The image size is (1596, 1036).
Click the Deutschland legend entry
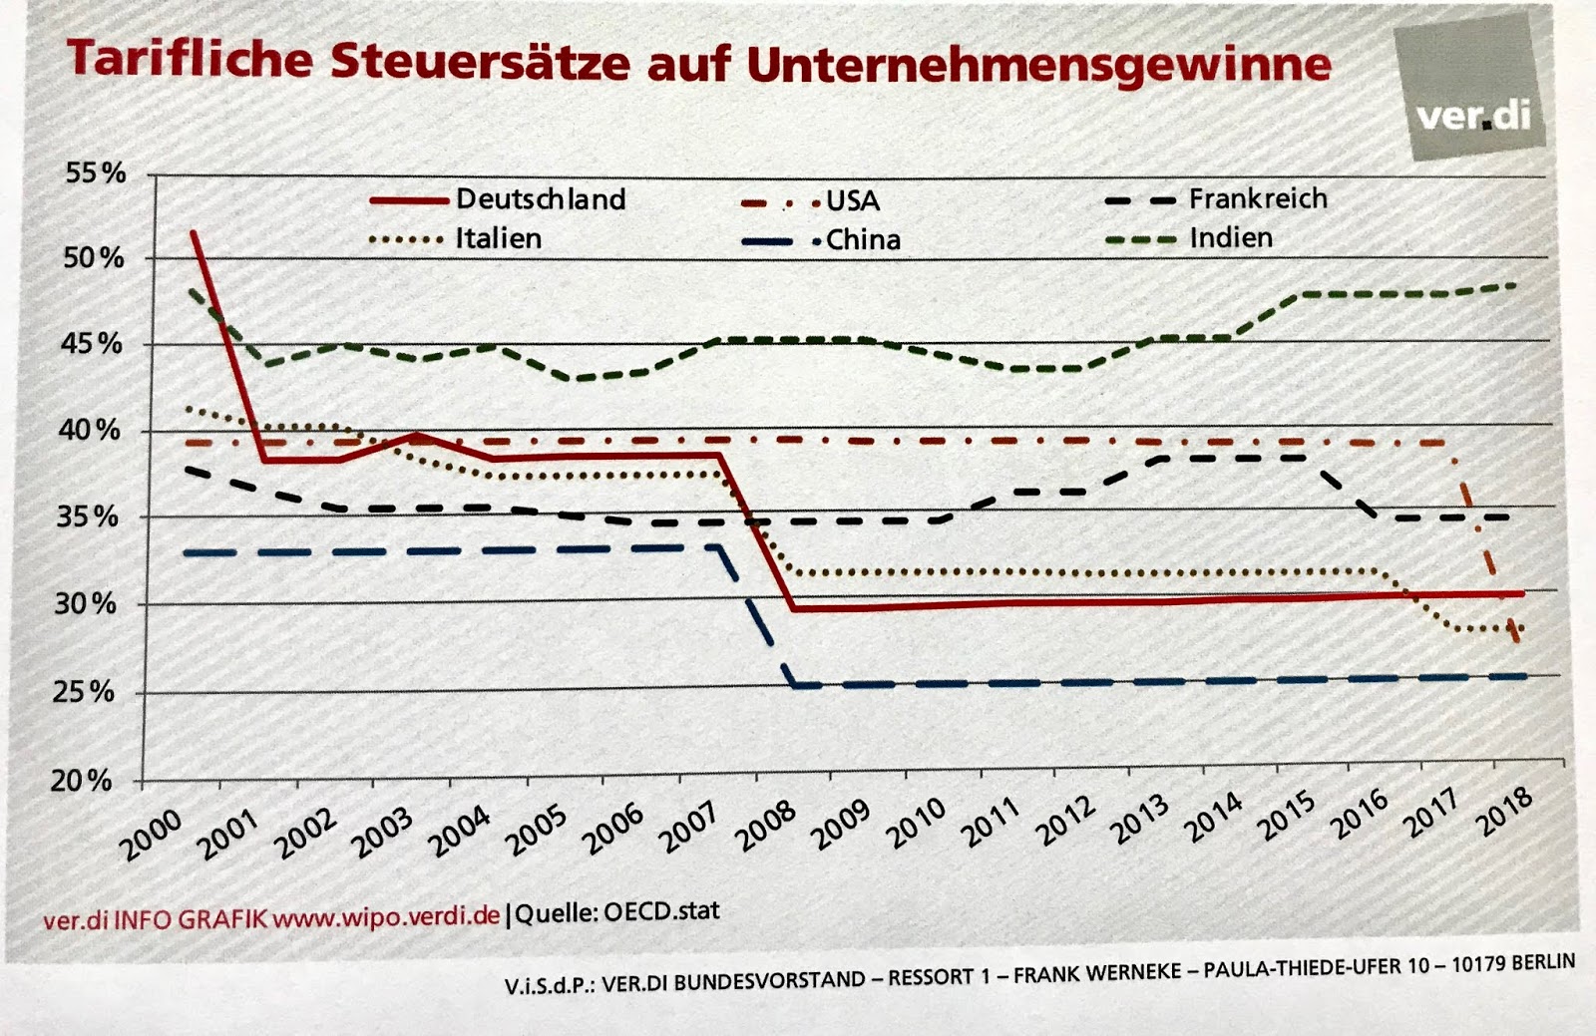540,199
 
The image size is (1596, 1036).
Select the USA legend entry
852,201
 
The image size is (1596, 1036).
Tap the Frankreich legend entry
1257,198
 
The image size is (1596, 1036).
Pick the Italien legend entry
498,239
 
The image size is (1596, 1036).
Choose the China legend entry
863,240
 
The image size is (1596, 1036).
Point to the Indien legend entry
1230,238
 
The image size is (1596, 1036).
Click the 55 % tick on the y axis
96,173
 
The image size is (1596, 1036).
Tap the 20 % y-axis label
82,781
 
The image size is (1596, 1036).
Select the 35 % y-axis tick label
87,518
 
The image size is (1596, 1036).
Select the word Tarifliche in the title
190,60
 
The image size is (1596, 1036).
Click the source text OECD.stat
660,911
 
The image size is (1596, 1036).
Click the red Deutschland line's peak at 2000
194,232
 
